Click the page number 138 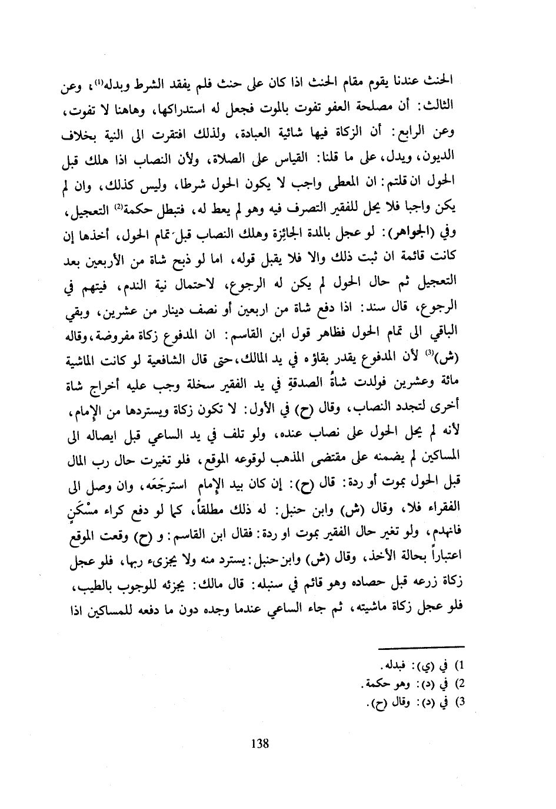coord(259,742)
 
